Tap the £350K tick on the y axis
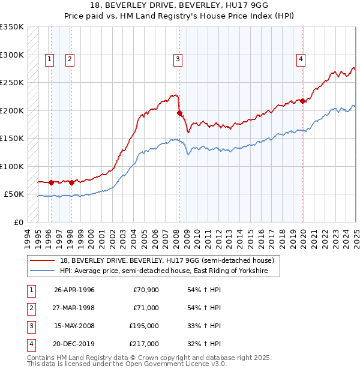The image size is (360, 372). coord(12,27)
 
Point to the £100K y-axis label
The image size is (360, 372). coord(12,166)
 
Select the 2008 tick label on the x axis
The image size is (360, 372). coord(178,235)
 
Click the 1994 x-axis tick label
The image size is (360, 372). coord(28,235)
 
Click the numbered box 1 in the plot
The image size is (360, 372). coord(49,59)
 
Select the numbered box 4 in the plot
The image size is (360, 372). coord(300,59)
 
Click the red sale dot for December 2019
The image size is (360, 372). coord(303,101)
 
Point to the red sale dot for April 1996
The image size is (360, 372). coord(52,182)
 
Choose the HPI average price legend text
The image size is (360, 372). coord(170,271)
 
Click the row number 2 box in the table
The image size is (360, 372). coord(31,308)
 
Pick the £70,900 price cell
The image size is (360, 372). coord(146,290)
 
